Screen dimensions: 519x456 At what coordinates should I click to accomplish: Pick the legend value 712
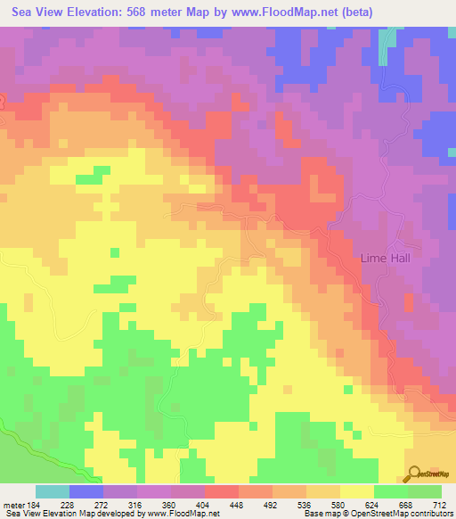coord(439,504)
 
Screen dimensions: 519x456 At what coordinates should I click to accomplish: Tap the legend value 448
coord(238,504)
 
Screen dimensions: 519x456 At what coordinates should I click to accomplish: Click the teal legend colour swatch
coord(53,491)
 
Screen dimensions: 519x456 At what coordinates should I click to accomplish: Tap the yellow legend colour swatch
coord(356,491)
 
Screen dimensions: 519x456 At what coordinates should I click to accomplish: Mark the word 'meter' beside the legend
coord(12,504)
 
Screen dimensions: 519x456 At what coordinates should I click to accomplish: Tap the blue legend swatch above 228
coord(86,491)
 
